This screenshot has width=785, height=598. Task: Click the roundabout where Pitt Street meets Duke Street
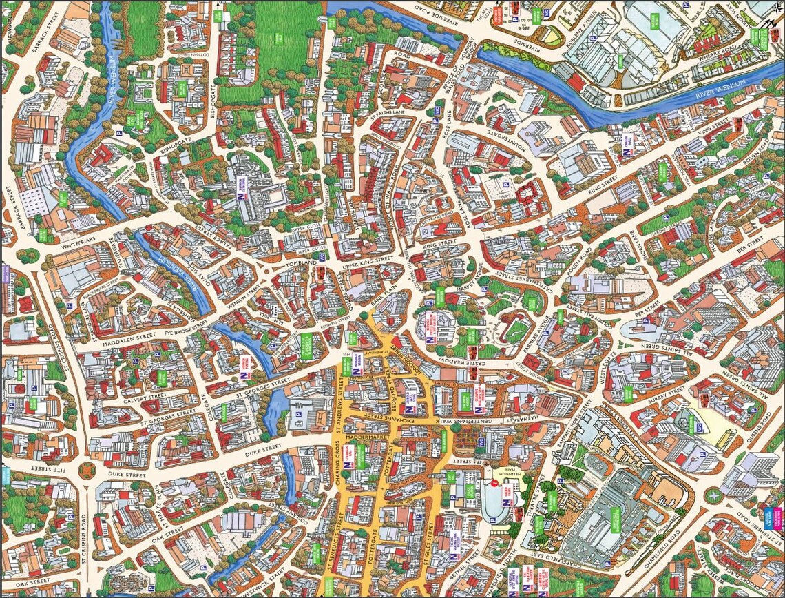[x=87, y=471]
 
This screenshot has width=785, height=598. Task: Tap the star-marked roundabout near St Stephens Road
[x=719, y=497]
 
